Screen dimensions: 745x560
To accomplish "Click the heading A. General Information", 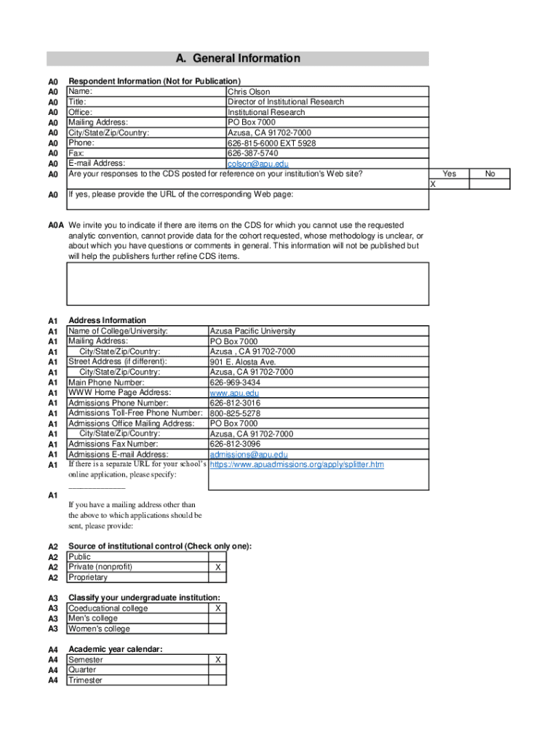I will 238,58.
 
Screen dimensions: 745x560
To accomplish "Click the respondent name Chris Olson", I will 249,92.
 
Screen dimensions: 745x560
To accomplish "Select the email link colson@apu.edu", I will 258,164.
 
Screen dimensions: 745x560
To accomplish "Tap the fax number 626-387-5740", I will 252,154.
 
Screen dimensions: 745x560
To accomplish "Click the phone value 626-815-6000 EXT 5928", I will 271,143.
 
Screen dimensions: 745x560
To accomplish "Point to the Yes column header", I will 449,174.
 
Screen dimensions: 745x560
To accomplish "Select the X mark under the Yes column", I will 433,184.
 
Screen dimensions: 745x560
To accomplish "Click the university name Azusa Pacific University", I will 252,331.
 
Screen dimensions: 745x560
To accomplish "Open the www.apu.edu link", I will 229,393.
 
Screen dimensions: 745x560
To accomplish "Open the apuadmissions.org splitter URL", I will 297,464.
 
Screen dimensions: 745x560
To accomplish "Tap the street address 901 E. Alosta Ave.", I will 243,362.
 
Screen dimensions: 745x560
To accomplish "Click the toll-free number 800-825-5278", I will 235,413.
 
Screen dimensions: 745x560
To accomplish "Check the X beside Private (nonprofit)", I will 217,567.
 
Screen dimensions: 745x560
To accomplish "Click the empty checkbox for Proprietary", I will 217,577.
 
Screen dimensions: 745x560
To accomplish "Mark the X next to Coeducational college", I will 217,608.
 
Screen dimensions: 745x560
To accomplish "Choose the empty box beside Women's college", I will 217,629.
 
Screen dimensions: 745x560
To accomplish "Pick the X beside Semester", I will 217,660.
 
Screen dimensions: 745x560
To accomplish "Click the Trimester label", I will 85,680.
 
